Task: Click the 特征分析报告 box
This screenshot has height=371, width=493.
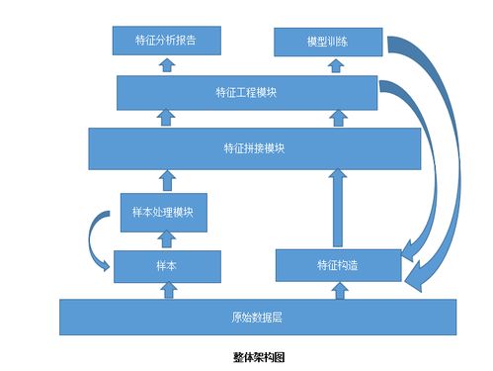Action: [165, 42]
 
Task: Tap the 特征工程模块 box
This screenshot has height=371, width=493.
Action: [246, 93]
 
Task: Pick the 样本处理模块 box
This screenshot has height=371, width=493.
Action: [163, 212]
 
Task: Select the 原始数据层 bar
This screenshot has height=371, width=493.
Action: [257, 318]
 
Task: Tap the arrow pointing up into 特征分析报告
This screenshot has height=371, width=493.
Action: [165, 65]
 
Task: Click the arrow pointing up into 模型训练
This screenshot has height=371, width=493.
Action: [328, 65]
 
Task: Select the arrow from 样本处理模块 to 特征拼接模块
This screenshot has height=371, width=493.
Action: [166, 180]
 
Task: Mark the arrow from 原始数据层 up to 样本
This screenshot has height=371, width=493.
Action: [166, 288]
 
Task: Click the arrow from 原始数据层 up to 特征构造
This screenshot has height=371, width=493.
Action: [338, 288]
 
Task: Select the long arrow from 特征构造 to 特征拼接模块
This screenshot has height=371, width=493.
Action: [338, 208]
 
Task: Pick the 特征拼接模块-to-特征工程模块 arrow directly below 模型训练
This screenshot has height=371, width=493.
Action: [328, 119]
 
